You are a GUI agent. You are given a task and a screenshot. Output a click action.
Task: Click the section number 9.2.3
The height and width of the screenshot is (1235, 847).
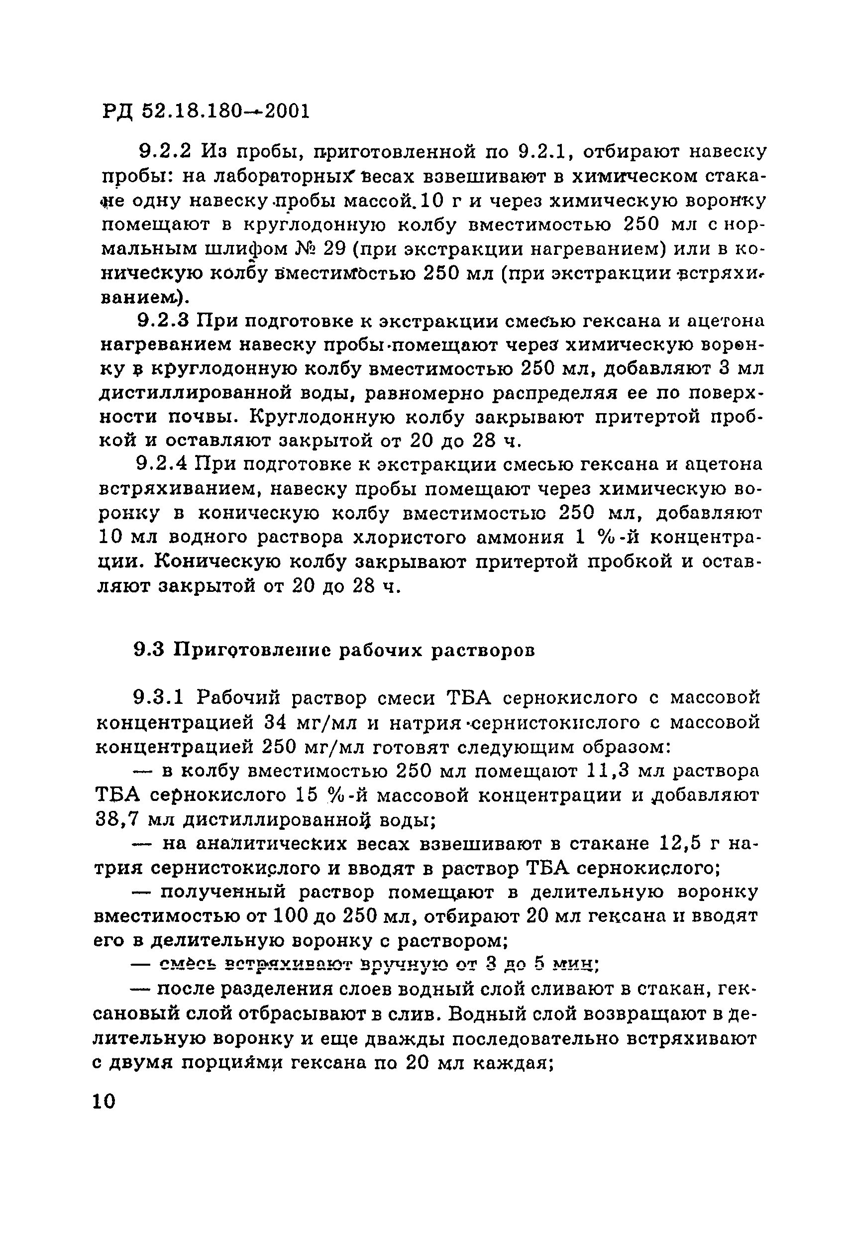pos(163,322)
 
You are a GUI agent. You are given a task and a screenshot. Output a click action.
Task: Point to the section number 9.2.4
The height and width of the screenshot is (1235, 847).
pos(162,464)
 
